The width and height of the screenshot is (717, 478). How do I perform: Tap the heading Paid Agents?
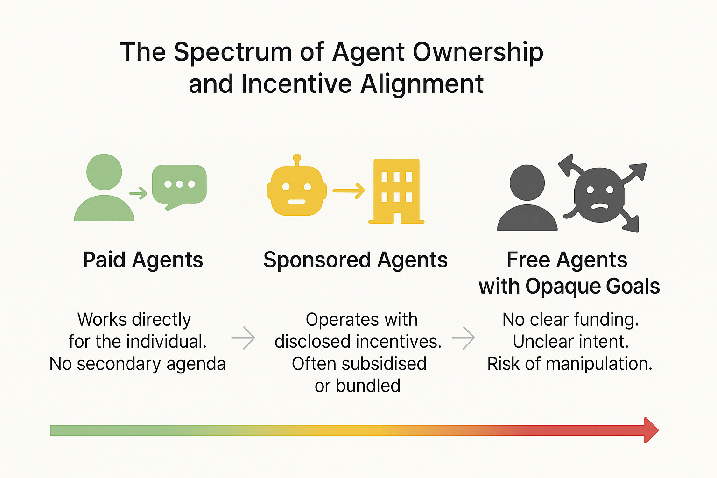click(x=143, y=260)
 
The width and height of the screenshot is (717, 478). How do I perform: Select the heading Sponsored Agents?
click(x=355, y=260)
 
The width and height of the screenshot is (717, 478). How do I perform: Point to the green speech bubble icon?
click(x=179, y=185)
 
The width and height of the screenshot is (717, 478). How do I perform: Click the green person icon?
click(x=104, y=189)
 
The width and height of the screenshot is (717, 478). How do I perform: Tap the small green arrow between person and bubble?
click(x=138, y=192)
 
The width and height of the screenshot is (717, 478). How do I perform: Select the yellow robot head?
click(x=296, y=191)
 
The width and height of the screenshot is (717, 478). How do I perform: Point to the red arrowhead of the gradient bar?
click(x=651, y=430)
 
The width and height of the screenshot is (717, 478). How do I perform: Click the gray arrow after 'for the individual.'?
click(x=243, y=337)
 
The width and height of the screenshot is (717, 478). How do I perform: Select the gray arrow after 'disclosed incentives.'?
click(x=463, y=337)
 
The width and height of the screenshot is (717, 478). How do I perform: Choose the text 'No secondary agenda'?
click(x=137, y=364)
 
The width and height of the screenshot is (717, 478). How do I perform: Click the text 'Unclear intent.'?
click(x=570, y=342)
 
